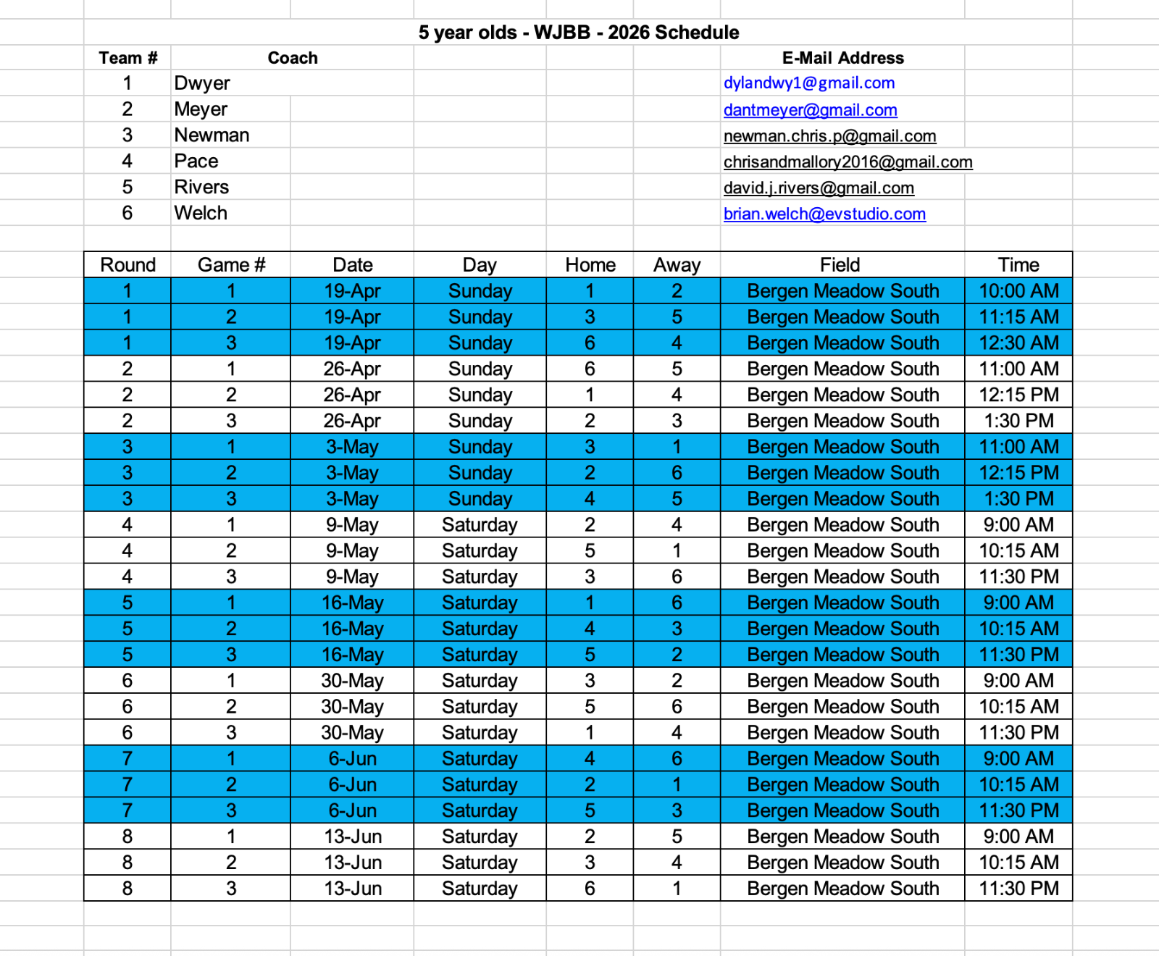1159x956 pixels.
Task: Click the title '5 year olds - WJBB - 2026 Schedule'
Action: [578, 33]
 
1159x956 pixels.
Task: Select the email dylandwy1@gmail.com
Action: [809, 83]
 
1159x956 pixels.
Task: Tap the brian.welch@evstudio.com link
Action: [824, 214]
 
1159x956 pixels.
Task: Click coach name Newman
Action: [212, 135]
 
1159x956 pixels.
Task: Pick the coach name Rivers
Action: [201, 188]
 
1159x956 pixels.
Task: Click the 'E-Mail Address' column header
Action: [842, 58]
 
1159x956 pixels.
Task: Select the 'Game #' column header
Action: [231, 265]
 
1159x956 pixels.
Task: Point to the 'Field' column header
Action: [840, 265]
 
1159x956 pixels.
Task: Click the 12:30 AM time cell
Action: [1018, 343]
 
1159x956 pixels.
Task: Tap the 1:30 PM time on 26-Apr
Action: [1018, 421]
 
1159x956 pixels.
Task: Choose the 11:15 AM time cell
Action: [1018, 317]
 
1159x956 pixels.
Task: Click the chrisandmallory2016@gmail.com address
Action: [848, 162]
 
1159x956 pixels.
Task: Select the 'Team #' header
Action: [128, 58]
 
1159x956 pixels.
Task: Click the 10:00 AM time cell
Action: [1018, 291]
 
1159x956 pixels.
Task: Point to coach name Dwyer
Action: [202, 83]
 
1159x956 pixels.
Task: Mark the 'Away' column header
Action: [677, 265]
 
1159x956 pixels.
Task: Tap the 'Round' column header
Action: [128, 265]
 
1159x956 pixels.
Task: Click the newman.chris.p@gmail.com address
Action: [829, 135]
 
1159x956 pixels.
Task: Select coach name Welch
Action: [201, 214]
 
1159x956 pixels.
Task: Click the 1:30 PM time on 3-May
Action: [1018, 499]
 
